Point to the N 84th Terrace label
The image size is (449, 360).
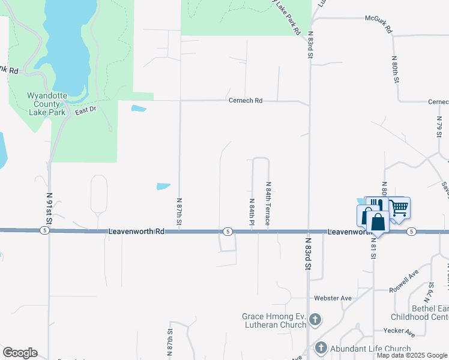click(268, 204)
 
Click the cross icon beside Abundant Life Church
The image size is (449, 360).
click(321, 348)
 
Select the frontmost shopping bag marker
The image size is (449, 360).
click(378, 221)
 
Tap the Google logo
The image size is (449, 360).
click(20, 353)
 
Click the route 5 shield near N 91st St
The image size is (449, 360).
click(44, 230)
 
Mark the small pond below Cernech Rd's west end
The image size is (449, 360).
click(139, 109)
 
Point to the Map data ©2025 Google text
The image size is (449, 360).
click(412, 355)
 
